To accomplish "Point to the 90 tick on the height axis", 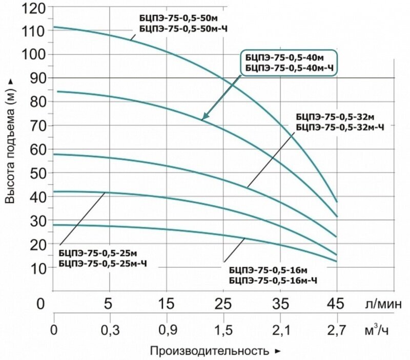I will pyautogui.click(x=34, y=78).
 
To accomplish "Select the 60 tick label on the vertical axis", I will pyautogui.click(x=34, y=149).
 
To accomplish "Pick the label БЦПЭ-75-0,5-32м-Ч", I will pyautogui.click(x=340, y=125).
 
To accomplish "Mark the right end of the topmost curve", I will pyautogui.click(x=337, y=202).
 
